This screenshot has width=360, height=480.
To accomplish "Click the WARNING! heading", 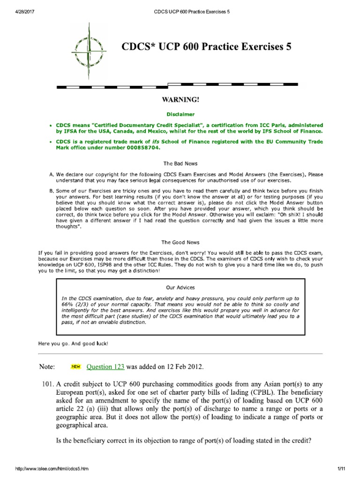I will [180, 100].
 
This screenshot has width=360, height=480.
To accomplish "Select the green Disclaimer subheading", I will [180, 114].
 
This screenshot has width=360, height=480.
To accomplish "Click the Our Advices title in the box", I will [180, 287].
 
